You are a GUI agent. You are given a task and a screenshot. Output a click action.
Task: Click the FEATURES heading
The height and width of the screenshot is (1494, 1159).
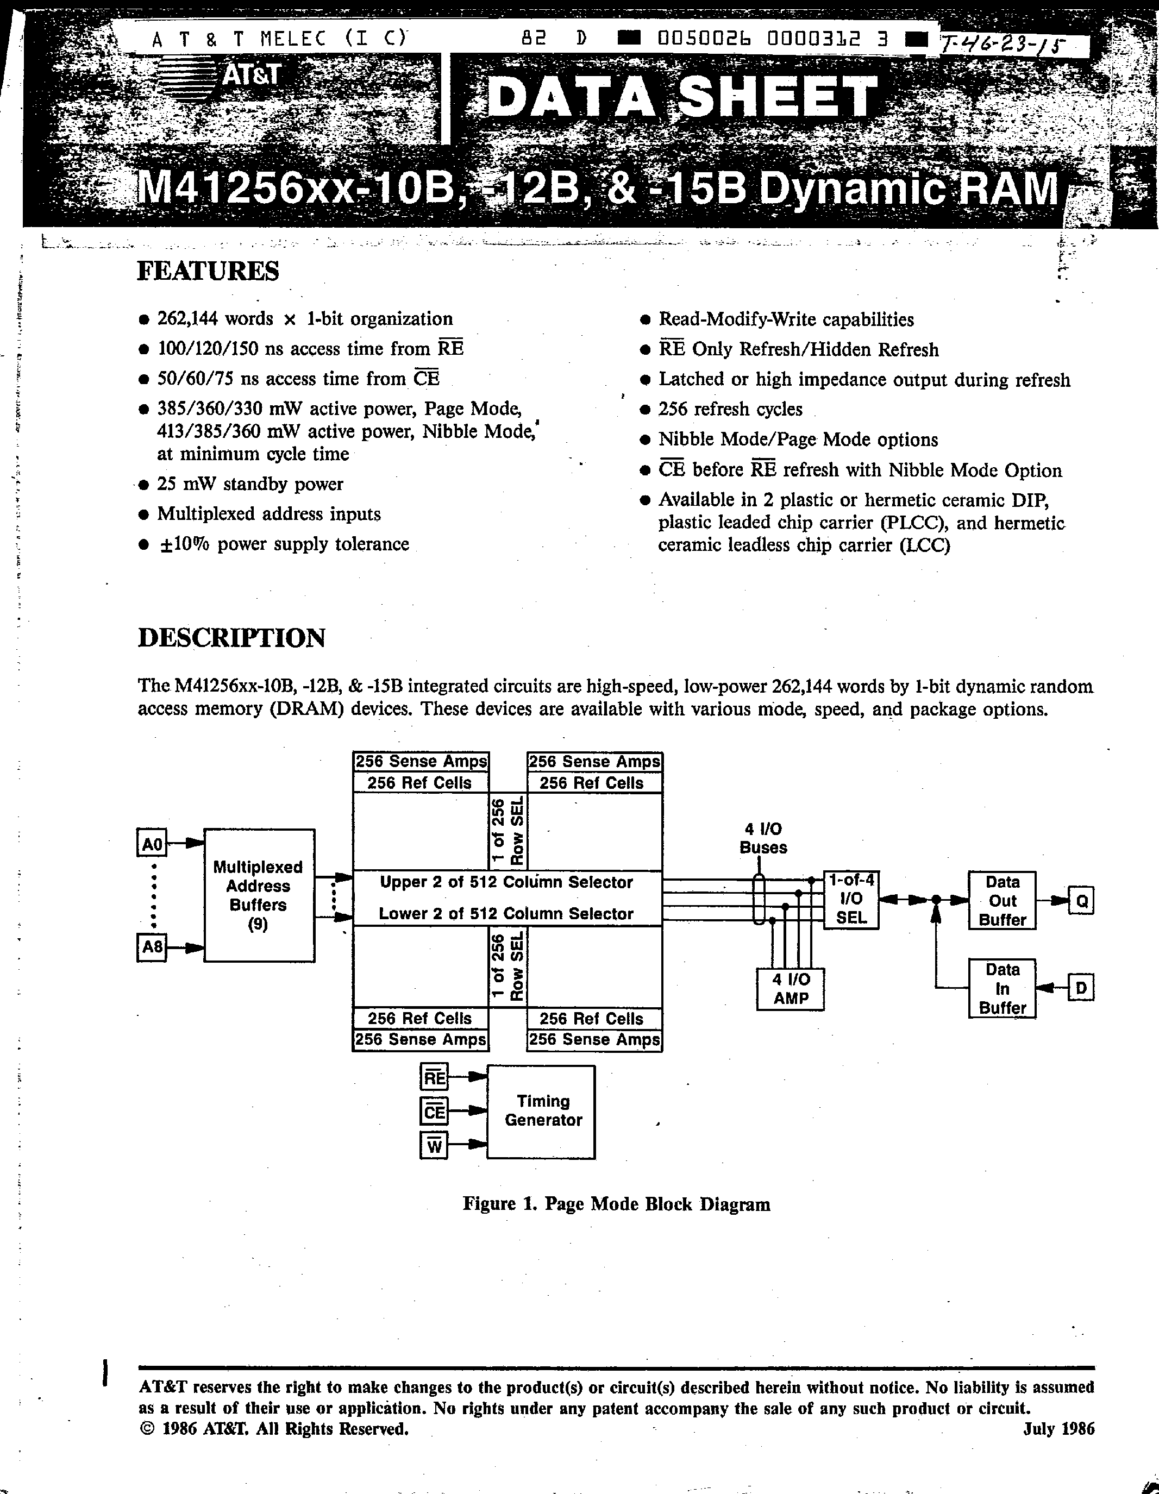pos(208,271)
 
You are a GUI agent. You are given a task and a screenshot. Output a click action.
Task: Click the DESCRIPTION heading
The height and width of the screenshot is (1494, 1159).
pos(231,638)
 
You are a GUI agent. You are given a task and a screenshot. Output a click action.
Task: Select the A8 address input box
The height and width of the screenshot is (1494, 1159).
pos(152,947)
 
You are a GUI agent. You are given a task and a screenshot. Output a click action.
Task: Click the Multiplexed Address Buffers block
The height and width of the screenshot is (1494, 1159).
pos(259,895)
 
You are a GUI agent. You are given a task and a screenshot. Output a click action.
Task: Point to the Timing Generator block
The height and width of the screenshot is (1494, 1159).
pos(541,1111)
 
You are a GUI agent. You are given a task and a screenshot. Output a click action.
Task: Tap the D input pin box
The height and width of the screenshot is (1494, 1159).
pos(1081,988)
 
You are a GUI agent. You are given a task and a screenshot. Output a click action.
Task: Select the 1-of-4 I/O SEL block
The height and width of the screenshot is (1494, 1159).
pos(850,900)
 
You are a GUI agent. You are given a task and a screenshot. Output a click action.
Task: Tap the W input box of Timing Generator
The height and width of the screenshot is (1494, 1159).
pos(434,1146)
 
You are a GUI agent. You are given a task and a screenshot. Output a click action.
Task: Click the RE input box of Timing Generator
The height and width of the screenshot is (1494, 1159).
pos(434,1078)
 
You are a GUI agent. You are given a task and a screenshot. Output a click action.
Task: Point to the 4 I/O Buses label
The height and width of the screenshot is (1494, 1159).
pos(763,838)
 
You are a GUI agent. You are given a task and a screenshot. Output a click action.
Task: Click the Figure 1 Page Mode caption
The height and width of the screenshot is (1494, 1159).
pos(616,1204)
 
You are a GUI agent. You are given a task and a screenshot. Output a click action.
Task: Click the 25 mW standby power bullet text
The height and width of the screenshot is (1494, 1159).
pos(250,484)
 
